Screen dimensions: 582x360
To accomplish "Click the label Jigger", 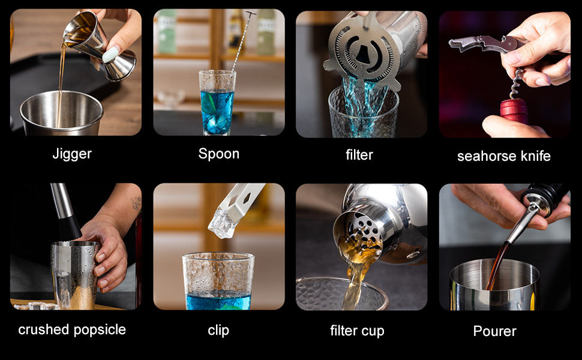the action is (x=72, y=154).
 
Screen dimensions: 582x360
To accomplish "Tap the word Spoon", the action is (x=218, y=154).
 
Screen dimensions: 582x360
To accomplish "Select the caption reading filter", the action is (x=359, y=155).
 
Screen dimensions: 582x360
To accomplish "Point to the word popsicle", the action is (x=100, y=330).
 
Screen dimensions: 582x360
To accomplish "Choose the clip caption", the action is (x=218, y=331).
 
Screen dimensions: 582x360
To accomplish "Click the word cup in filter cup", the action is (x=372, y=331).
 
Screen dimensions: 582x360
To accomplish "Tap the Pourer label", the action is (x=495, y=331).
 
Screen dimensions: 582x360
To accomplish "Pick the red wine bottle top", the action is (x=514, y=110).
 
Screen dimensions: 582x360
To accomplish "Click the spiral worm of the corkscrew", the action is (x=515, y=84).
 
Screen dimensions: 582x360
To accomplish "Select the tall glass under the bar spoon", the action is (x=217, y=103).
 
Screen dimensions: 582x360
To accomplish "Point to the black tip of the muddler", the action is (x=70, y=227).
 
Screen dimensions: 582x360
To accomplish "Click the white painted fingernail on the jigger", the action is (x=110, y=55).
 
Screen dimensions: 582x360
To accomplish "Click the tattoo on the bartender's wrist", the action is (x=136, y=203).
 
